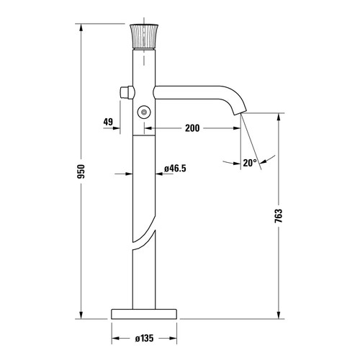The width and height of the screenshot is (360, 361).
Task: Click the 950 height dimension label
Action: tap(82, 171)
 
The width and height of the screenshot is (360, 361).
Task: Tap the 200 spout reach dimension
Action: tap(193, 128)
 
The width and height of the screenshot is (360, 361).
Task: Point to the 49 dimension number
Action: tap(109, 122)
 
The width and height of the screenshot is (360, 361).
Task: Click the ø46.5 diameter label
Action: tap(176, 168)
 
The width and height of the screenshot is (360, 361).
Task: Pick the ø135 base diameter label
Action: tap(145, 337)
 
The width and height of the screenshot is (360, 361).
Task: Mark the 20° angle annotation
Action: tap(250, 164)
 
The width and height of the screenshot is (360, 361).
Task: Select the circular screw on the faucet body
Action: tap(145, 111)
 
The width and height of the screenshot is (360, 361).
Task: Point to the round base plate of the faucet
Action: tap(144, 314)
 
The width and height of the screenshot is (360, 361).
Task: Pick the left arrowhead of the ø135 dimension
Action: tap(114, 337)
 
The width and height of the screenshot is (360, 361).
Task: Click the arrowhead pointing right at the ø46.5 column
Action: tap(129, 174)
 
